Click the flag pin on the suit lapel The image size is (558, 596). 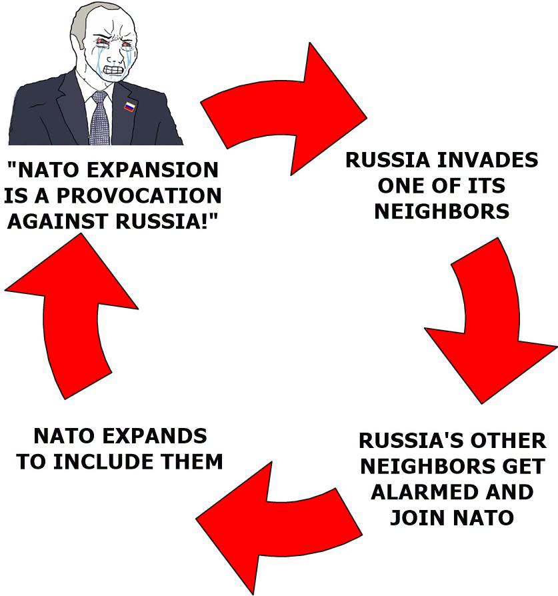[129, 106]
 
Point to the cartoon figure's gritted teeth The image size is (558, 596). [114, 70]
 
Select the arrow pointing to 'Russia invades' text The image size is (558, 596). [283, 108]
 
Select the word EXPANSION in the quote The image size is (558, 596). [153, 170]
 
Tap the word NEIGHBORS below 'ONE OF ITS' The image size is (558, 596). [442, 211]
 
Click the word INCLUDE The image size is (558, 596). [103, 461]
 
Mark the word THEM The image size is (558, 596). [191, 461]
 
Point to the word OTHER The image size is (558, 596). [508, 441]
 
